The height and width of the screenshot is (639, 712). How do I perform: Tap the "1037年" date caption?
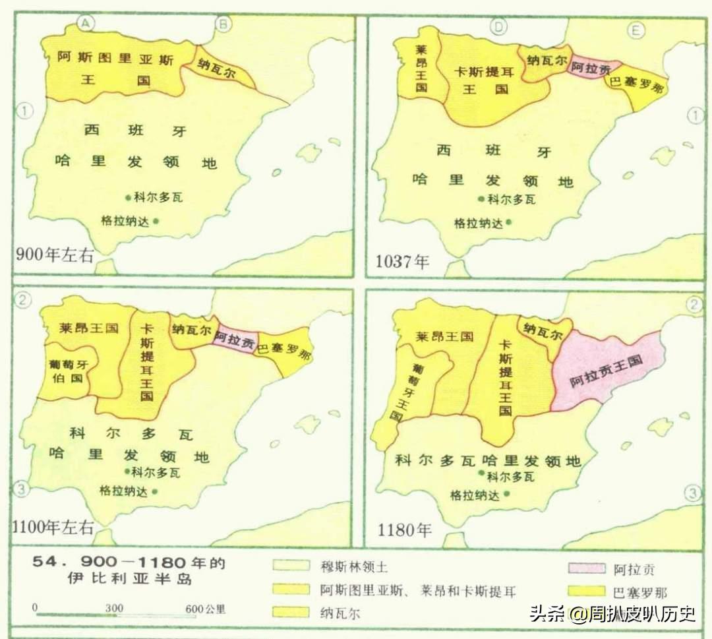(x=402, y=261)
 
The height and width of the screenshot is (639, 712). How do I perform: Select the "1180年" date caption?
(x=404, y=528)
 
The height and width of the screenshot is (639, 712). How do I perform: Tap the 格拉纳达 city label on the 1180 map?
(x=475, y=495)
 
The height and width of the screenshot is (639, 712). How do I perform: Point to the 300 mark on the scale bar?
(x=114, y=607)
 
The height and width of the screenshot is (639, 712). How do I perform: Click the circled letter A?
(x=86, y=24)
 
